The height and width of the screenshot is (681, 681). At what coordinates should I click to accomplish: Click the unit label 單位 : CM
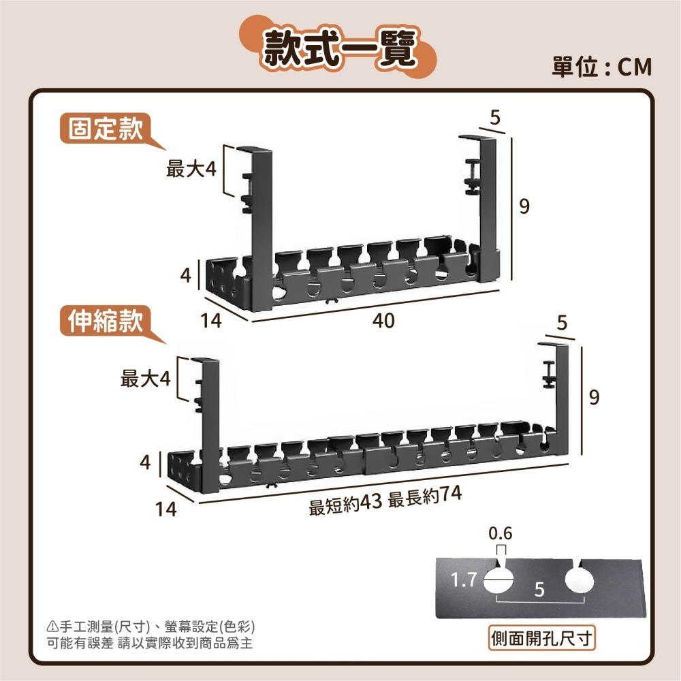tap(601, 67)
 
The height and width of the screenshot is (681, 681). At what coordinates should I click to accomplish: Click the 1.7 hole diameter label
tap(464, 580)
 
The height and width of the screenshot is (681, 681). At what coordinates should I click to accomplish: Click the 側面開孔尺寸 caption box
tap(543, 639)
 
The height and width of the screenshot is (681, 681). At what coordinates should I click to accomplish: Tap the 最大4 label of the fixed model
tap(191, 169)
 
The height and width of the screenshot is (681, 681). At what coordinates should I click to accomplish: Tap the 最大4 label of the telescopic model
tap(145, 379)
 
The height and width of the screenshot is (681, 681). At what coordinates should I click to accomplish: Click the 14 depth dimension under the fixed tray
tap(211, 321)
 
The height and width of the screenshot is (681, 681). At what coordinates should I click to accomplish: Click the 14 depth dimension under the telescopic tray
tap(165, 509)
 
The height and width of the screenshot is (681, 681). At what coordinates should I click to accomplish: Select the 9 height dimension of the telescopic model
tap(594, 398)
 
